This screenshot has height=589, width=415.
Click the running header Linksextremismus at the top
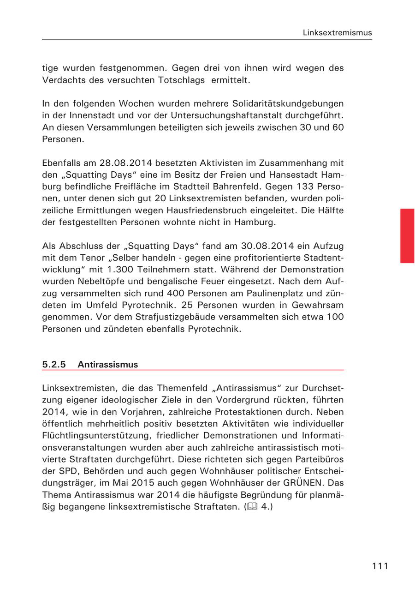[337, 33]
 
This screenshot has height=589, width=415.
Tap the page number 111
[380, 566]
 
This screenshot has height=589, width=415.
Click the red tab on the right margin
[407, 235]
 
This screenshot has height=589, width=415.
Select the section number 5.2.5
[54, 364]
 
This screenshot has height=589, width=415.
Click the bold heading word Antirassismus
[107, 364]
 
